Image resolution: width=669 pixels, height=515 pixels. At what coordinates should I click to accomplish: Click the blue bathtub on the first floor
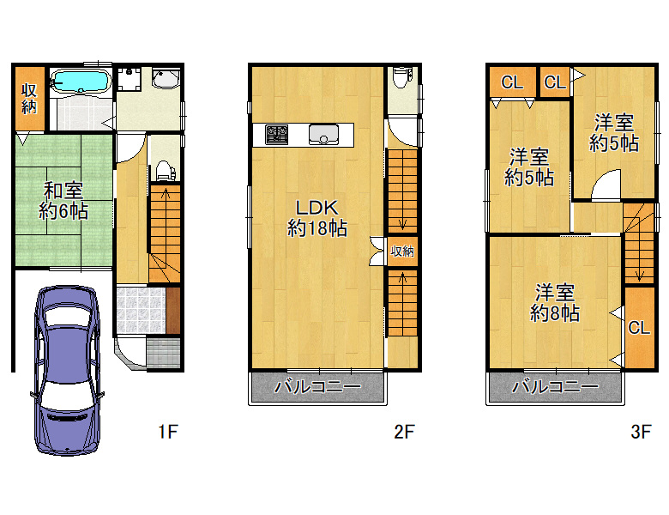pyautogui.click(x=81, y=81)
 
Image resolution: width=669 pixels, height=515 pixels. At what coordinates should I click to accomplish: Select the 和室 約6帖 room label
pyautogui.click(x=64, y=201)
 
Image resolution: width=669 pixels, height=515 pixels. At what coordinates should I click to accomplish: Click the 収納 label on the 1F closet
pyautogui.click(x=29, y=99)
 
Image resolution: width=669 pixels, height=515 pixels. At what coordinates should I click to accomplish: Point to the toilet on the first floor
pyautogui.click(x=165, y=171)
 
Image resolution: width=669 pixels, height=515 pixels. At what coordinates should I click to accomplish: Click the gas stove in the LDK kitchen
pyautogui.click(x=276, y=135)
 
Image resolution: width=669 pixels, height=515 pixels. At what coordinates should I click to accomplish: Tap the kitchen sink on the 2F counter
pyautogui.click(x=324, y=135)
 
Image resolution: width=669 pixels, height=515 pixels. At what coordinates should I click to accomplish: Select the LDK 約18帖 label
pyautogui.click(x=317, y=218)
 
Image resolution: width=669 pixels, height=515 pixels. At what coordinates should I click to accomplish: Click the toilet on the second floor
pyautogui.click(x=402, y=77)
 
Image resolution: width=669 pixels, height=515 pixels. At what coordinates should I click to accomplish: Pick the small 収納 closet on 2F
pyautogui.click(x=402, y=251)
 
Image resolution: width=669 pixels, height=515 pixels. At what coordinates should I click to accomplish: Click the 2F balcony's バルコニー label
pyautogui.click(x=318, y=387)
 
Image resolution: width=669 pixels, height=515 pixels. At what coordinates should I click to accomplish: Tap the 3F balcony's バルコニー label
pyautogui.click(x=555, y=387)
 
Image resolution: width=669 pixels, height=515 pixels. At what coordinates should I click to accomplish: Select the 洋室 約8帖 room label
pyautogui.click(x=555, y=303)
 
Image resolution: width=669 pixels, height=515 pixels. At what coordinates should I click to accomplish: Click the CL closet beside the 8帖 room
pyautogui.click(x=639, y=327)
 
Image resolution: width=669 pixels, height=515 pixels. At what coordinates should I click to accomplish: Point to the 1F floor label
pyautogui.click(x=167, y=432)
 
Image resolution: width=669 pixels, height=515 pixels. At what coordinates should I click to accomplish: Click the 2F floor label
pyautogui.click(x=404, y=432)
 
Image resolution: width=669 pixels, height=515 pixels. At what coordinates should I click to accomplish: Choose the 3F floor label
pyautogui.click(x=641, y=432)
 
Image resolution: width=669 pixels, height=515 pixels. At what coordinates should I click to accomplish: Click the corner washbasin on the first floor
pyautogui.click(x=166, y=78)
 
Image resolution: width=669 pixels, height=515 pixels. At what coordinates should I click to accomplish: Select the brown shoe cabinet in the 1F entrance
pyautogui.click(x=172, y=311)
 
